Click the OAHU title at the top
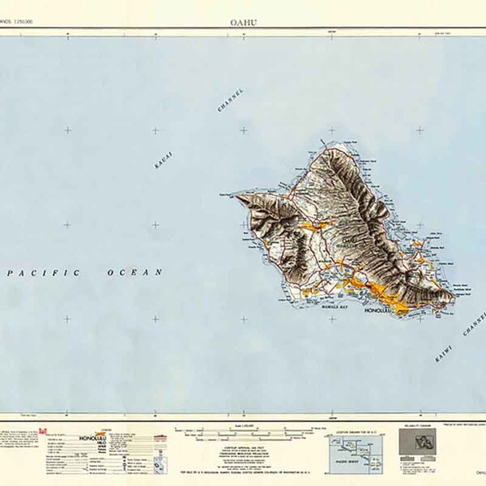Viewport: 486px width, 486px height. (242, 23)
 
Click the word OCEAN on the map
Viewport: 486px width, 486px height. (135, 273)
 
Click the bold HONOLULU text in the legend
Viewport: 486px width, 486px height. (96, 438)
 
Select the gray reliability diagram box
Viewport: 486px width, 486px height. (421, 445)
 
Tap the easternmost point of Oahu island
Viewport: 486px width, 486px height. (454, 296)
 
